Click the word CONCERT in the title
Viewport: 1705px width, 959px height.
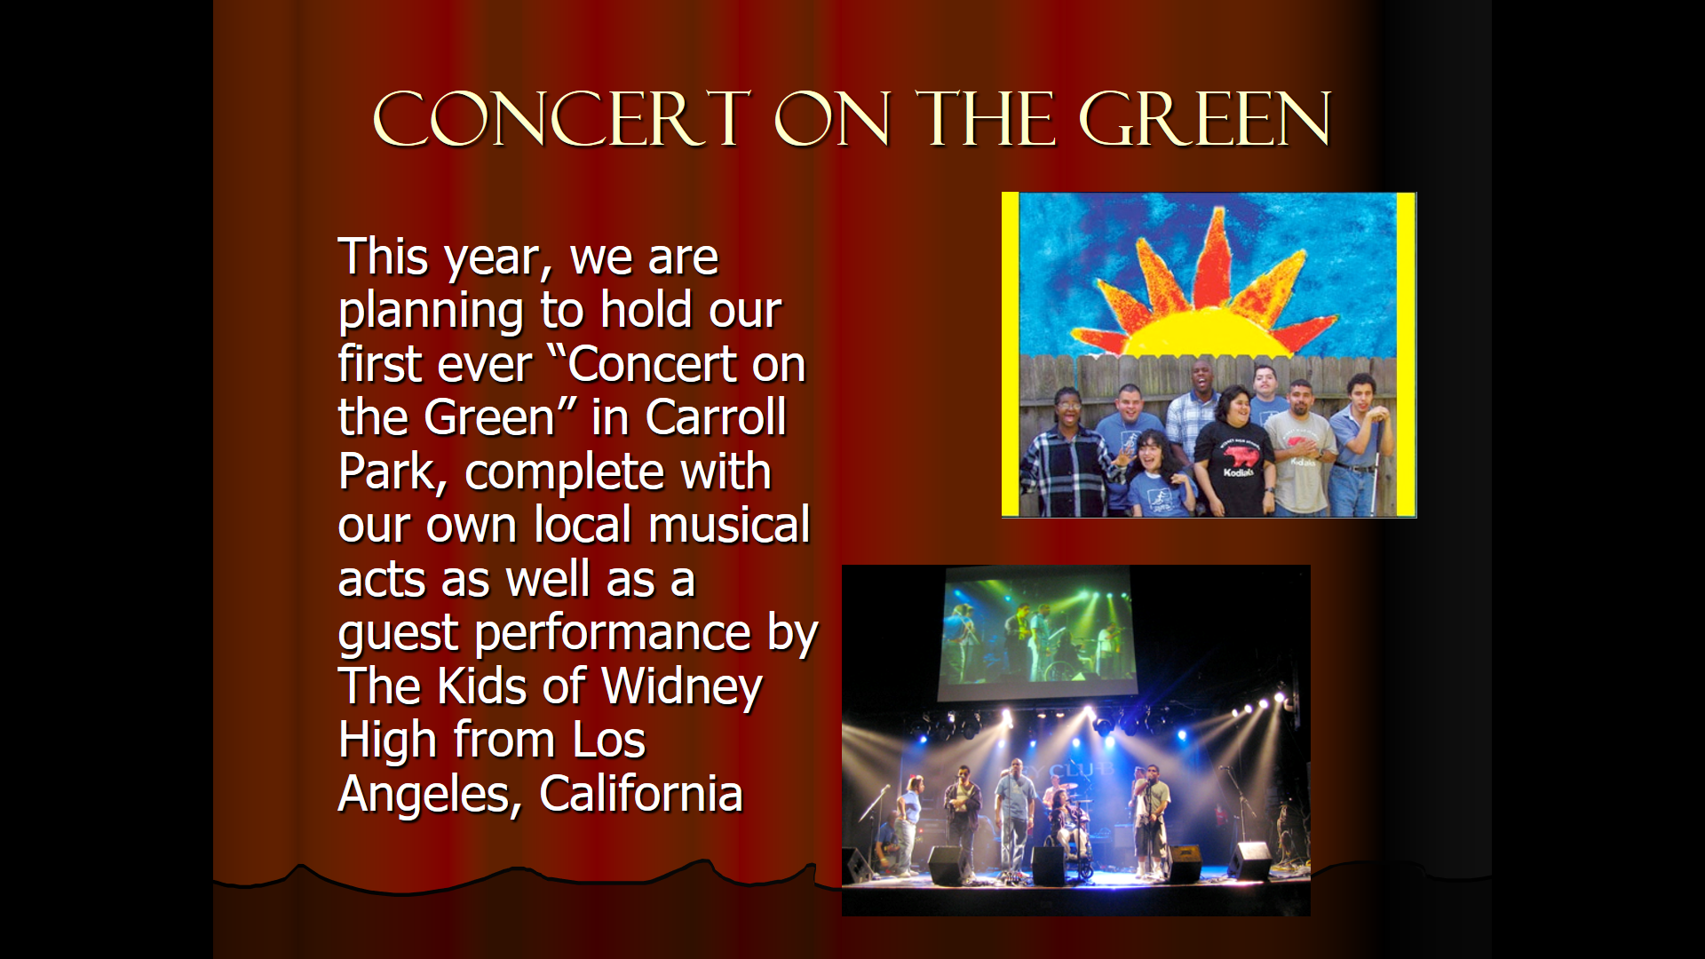tap(562, 119)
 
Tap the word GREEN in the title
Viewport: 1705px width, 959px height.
tap(1205, 119)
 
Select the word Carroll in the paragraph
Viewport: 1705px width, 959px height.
tap(716, 417)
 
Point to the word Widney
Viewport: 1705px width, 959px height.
tap(682, 687)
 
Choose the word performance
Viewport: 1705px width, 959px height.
tap(614, 635)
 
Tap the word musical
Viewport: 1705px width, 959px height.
tap(729, 525)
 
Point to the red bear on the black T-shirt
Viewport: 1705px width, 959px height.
tap(1240, 456)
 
